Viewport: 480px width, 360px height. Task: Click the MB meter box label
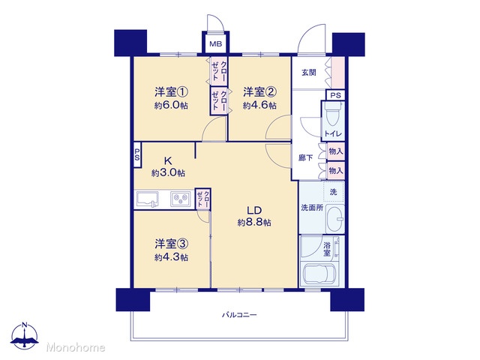(215, 44)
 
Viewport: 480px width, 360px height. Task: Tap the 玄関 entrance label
(308, 73)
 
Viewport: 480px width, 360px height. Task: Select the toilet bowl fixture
(332, 115)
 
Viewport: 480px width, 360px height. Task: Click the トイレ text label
(333, 133)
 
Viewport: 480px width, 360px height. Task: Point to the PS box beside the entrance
(335, 95)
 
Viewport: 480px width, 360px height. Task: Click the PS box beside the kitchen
(137, 155)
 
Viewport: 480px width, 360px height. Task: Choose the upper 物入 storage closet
(336, 151)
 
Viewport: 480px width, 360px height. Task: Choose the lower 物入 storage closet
(336, 170)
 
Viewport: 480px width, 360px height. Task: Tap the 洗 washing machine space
(333, 192)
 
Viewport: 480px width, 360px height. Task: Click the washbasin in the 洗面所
(335, 219)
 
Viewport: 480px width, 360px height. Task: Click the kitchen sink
(148, 199)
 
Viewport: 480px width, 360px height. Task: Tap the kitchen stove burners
(181, 199)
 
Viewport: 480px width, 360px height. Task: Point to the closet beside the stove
(202, 199)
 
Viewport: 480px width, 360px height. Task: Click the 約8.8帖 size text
(254, 223)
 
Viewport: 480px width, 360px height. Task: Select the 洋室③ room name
(171, 244)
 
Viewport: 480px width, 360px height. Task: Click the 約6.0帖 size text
(171, 106)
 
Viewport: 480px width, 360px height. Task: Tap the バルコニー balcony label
(239, 315)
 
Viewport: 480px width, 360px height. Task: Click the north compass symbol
(25, 336)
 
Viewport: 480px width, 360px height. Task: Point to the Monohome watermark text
(76, 347)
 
